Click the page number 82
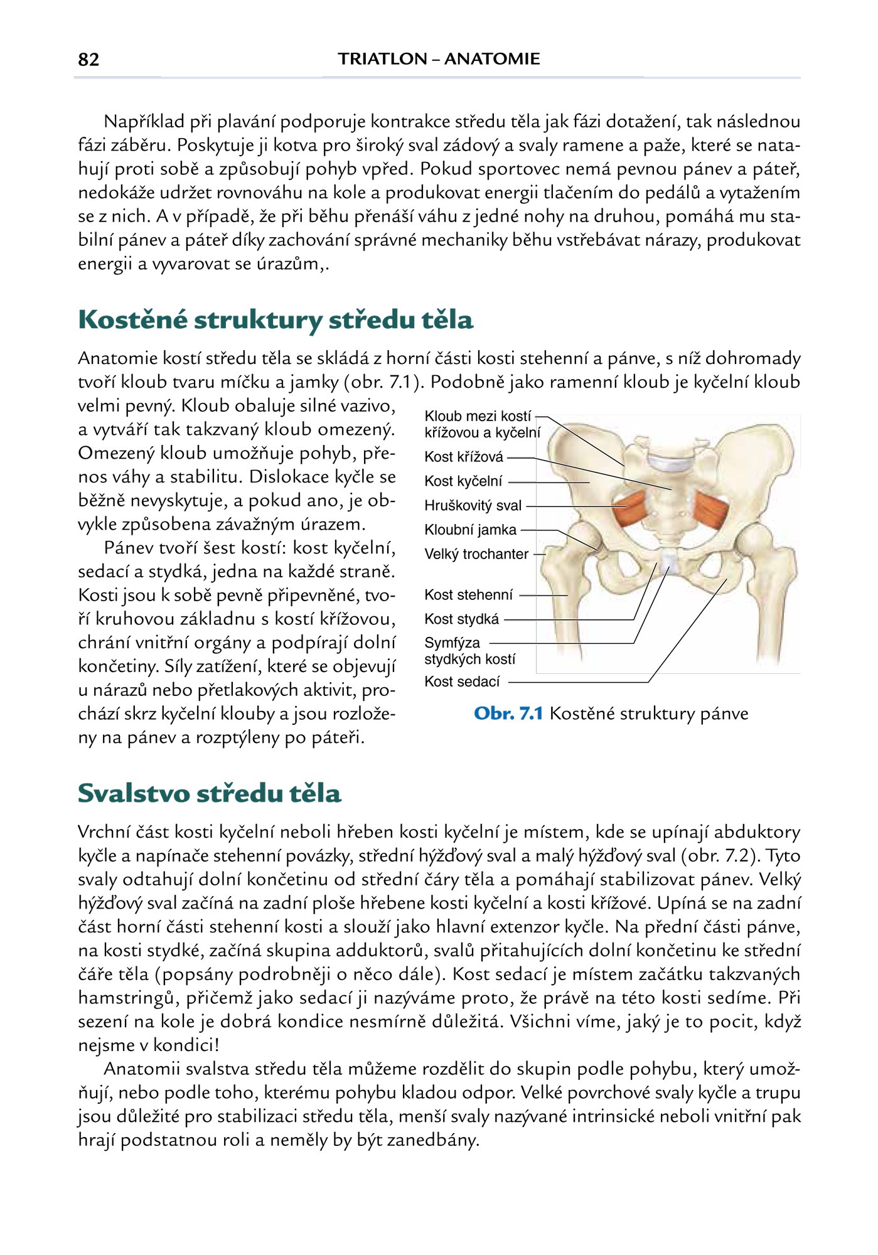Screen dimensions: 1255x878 tap(88, 60)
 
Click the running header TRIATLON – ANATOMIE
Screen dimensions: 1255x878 tap(439, 59)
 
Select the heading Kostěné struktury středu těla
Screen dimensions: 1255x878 tap(275, 320)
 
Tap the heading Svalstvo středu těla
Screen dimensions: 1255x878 tap(209, 793)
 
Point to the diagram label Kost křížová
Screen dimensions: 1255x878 tap(464, 457)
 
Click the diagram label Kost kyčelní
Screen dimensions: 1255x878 tap(463, 481)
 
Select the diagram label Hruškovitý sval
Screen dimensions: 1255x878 tap(473, 506)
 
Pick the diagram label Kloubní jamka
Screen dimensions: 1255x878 tap(470, 530)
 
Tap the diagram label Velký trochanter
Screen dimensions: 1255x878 tap(476, 555)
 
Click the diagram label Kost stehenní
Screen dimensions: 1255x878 tap(468, 595)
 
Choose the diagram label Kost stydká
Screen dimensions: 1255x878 tap(461, 619)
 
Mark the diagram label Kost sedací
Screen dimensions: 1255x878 tap(462, 681)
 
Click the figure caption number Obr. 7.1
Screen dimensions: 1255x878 tap(508, 713)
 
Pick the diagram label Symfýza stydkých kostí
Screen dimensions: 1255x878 tap(469, 651)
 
